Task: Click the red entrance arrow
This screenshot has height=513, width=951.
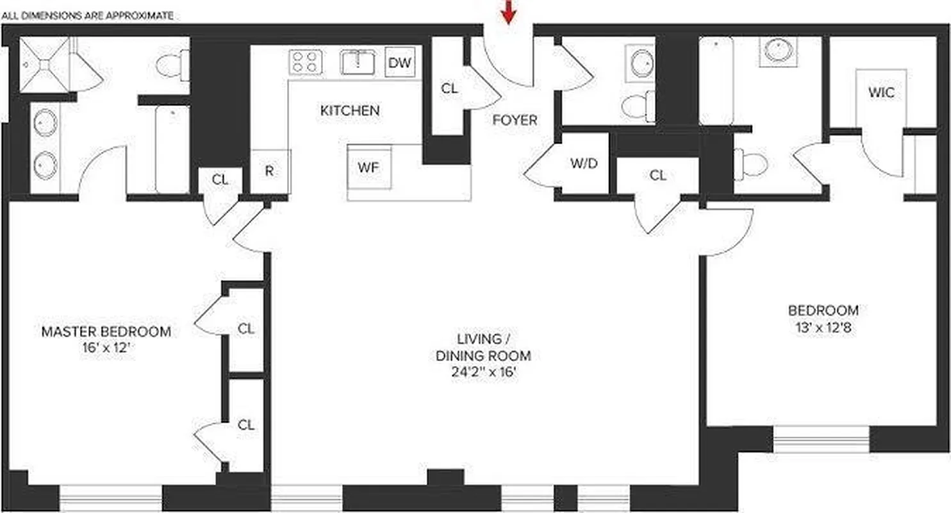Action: (x=508, y=12)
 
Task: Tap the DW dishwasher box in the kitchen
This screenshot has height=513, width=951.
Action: (x=400, y=62)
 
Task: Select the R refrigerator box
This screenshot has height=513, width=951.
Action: (x=270, y=171)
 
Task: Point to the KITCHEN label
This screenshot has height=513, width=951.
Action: (x=350, y=110)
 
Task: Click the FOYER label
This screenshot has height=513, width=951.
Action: (x=515, y=120)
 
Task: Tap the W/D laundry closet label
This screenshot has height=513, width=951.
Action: (x=584, y=163)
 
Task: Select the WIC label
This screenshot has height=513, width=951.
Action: (x=881, y=92)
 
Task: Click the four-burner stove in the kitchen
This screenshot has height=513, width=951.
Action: (x=304, y=62)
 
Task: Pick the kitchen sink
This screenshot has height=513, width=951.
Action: (x=358, y=62)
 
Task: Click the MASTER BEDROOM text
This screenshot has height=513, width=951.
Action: (x=106, y=332)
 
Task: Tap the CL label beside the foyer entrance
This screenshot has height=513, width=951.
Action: (x=449, y=88)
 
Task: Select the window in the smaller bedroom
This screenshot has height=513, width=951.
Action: (x=821, y=439)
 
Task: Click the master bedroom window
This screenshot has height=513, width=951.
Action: (x=110, y=498)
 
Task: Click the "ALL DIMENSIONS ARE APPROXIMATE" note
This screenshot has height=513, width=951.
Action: (x=88, y=15)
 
